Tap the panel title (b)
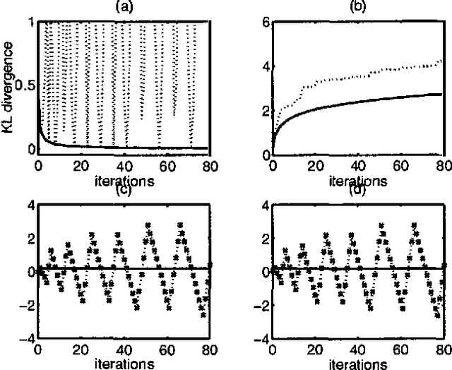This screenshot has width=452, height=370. pos(357,7)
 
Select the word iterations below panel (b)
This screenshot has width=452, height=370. pos(359,179)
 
